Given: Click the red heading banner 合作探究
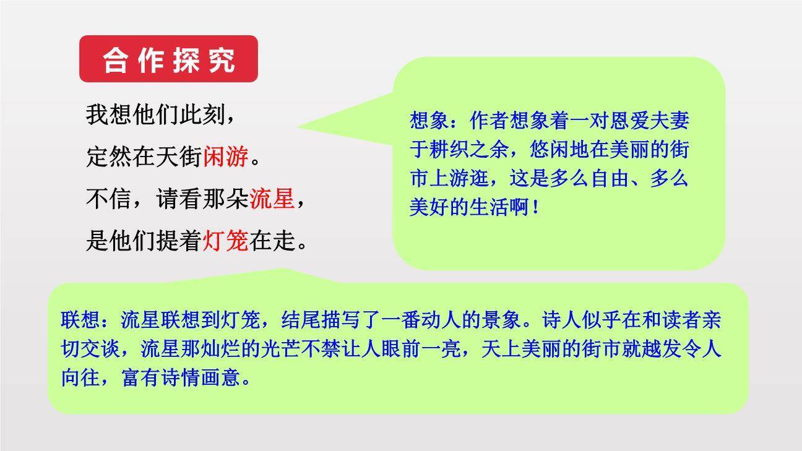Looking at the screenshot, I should (168, 59).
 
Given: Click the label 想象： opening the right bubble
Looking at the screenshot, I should (435, 120).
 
